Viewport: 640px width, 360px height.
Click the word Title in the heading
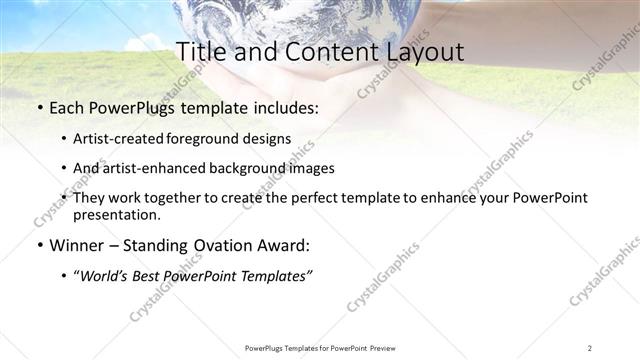click(200, 53)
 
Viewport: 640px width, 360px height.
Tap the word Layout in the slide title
click(424, 53)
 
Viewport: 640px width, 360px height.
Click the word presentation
click(116, 214)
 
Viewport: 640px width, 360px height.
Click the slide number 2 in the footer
click(590, 348)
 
